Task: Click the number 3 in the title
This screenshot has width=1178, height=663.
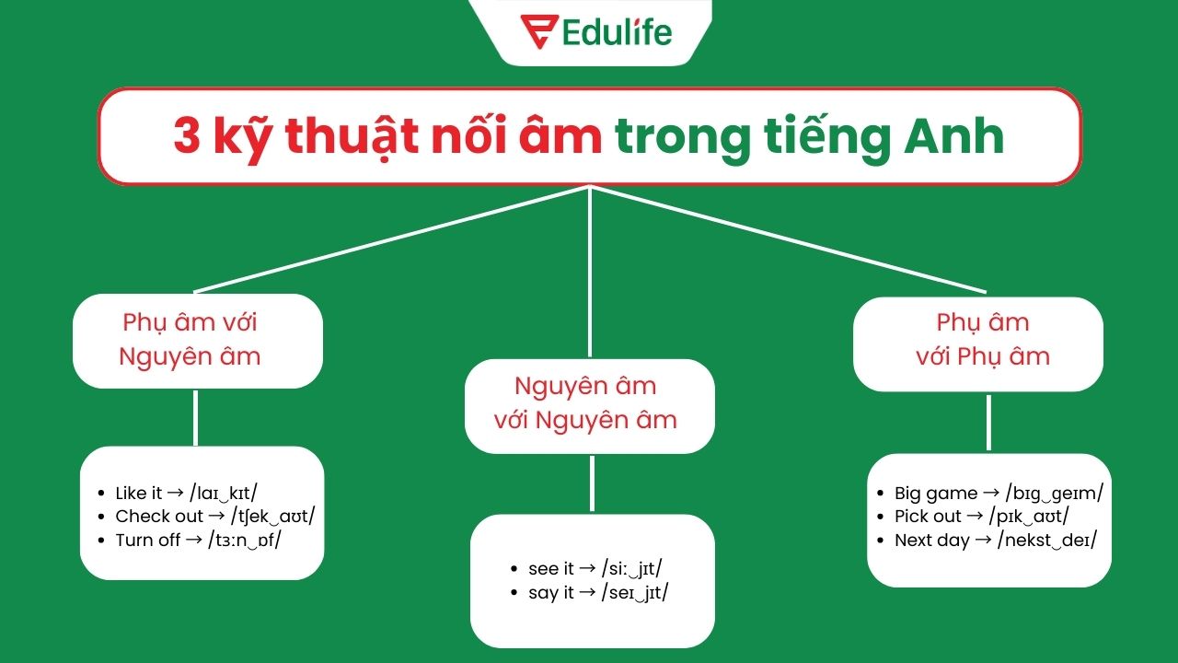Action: (x=186, y=137)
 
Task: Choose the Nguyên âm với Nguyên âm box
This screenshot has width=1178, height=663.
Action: (x=589, y=404)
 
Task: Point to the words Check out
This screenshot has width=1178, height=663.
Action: (x=159, y=517)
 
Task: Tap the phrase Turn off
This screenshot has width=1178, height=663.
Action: (x=147, y=541)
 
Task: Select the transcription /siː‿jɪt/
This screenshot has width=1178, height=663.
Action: (x=631, y=569)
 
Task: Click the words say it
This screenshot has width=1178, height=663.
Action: (x=551, y=593)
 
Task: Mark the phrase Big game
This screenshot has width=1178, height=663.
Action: (x=936, y=494)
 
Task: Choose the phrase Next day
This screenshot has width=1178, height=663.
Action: (x=932, y=541)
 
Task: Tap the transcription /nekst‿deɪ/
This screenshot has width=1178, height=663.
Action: (x=1047, y=541)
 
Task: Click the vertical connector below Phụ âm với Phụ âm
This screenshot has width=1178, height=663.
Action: (x=988, y=422)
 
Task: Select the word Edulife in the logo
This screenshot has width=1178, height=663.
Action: (x=618, y=32)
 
